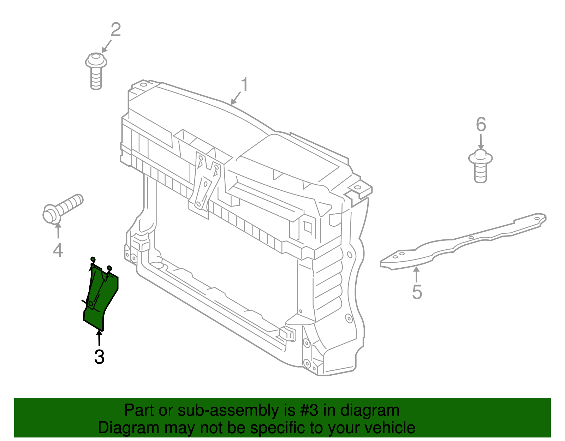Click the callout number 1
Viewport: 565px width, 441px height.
(244, 85)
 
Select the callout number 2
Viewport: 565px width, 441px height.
(115, 30)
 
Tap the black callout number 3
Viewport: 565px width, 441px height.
(99, 357)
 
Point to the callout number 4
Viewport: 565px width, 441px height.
(58, 250)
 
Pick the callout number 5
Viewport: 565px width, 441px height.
(417, 292)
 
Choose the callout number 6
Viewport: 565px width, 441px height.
(481, 124)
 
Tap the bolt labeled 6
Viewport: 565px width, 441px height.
(480, 166)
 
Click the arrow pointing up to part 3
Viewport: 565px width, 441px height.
(99, 338)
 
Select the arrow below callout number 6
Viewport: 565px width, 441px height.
(481, 143)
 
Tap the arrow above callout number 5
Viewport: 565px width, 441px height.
(417, 275)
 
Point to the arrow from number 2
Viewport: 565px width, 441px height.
(107, 46)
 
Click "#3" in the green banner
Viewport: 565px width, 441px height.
(309, 410)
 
